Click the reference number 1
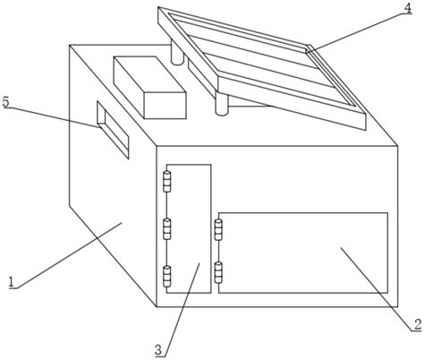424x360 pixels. (x=12, y=282)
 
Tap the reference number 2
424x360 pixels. (x=417, y=324)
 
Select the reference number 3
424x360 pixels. (x=158, y=350)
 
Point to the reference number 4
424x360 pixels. (x=408, y=8)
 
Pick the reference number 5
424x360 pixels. (x=5, y=102)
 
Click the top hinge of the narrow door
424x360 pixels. (x=167, y=181)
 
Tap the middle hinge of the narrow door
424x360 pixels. (x=167, y=228)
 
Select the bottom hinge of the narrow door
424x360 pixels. (x=167, y=277)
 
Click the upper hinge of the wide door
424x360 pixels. (x=218, y=229)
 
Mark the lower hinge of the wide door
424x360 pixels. (x=218, y=272)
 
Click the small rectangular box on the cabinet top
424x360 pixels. (x=149, y=88)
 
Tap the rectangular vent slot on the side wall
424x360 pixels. (x=113, y=130)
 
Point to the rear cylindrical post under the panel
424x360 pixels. (x=177, y=53)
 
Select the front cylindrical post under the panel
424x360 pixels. (x=222, y=104)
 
